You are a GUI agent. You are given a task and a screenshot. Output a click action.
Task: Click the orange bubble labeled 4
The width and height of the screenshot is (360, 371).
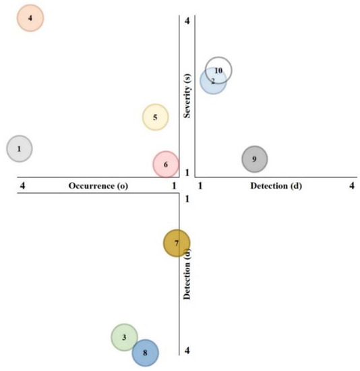(30, 18)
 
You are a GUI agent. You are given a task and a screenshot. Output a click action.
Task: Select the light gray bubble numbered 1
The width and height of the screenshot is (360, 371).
(20, 148)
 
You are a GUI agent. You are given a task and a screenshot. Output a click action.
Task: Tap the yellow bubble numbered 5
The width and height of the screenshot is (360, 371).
(155, 117)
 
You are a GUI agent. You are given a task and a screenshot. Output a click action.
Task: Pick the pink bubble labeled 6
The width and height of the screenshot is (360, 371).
(166, 164)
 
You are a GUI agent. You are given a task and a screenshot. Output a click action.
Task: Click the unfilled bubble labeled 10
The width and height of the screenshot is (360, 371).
(218, 69)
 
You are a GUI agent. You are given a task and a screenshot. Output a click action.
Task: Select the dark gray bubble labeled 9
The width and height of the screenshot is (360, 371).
(254, 159)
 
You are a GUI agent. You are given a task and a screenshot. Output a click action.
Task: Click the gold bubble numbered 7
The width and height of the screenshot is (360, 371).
(177, 243)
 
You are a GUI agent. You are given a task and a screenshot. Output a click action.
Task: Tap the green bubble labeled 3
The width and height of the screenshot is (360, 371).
(124, 337)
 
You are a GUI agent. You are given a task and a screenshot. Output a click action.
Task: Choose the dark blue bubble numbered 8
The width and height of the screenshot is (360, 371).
(145, 352)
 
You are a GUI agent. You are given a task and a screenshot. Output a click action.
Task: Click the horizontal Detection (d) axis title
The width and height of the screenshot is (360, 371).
(276, 185)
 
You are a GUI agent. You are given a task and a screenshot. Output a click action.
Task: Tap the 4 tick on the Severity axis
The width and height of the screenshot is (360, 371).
(187, 20)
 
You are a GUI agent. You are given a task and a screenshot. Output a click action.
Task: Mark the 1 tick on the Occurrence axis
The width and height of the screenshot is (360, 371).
(174, 185)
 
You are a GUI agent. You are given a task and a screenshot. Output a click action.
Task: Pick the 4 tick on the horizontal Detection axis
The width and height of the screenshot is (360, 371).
(352, 185)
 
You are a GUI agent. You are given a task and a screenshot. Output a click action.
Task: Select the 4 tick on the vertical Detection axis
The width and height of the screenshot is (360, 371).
(187, 350)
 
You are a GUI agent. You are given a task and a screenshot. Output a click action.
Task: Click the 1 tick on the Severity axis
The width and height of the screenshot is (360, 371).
(187, 173)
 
